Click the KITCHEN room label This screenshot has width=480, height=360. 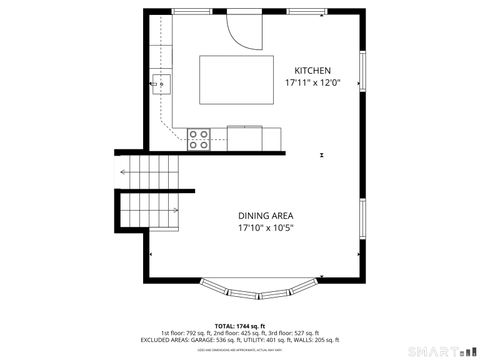[x=312, y=70]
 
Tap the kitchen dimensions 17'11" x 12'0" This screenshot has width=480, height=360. [x=312, y=82]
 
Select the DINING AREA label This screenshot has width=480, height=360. [x=265, y=216]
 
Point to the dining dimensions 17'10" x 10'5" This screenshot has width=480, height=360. [x=265, y=228]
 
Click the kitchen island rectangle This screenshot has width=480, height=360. [x=236, y=78]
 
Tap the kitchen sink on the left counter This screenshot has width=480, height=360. [x=160, y=82]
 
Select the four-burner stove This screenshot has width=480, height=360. [x=198, y=138]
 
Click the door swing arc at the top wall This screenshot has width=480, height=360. [x=242, y=30]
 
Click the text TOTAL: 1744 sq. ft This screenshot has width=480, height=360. [x=239, y=326]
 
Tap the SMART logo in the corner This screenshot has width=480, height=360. [x=440, y=351]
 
